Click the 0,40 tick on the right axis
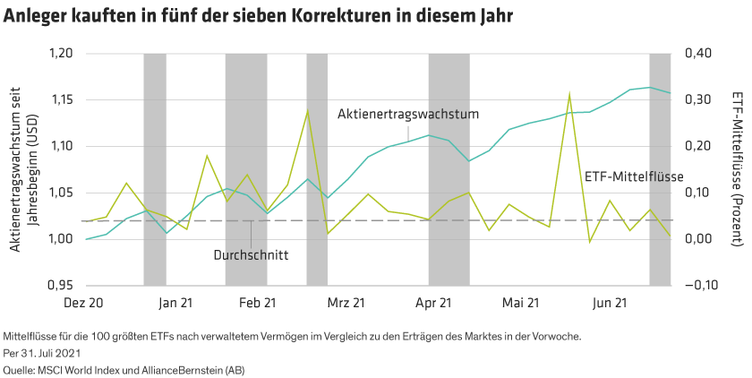(698, 54)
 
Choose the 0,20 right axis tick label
(698, 146)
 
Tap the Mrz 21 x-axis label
(346, 304)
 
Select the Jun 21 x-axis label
(609, 304)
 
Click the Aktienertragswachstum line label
(409, 115)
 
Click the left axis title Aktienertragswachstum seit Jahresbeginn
(25, 168)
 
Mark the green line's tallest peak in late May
(569, 92)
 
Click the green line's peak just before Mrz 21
(308, 111)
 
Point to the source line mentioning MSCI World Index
(124, 367)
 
